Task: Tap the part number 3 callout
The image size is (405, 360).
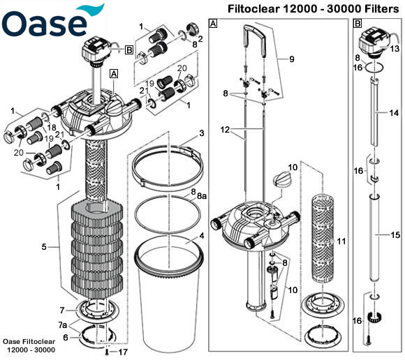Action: [x=201, y=133]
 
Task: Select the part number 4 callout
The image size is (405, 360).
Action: [x=201, y=236]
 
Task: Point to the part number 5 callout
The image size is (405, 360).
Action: [x=44, y=246]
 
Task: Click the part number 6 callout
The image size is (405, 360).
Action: [x=65, y=337]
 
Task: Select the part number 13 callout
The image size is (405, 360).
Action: [x=395, y=49]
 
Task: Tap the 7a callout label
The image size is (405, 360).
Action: [x=63, y=325]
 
